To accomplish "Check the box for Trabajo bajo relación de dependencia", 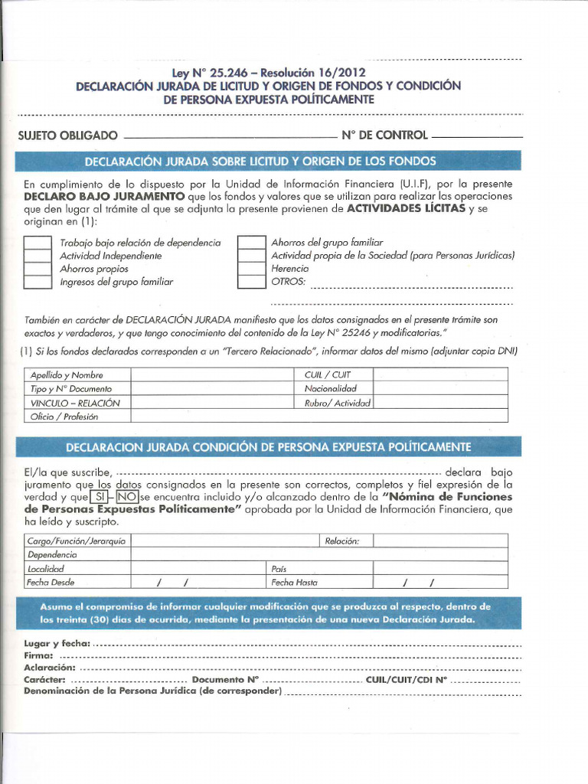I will [37, 243].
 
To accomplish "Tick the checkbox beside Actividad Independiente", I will [37, 256].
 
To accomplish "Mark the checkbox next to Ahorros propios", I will [37, 269].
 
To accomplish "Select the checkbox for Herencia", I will [251, 269].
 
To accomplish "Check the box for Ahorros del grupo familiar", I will [251, 243].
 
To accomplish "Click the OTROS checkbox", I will [251, 282].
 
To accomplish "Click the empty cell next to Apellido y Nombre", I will [217, 375].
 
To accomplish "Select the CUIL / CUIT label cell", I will [327, 375].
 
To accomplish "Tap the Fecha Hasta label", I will [295, 582].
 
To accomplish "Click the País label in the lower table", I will [279, 569].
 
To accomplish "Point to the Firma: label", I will [38, 655].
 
